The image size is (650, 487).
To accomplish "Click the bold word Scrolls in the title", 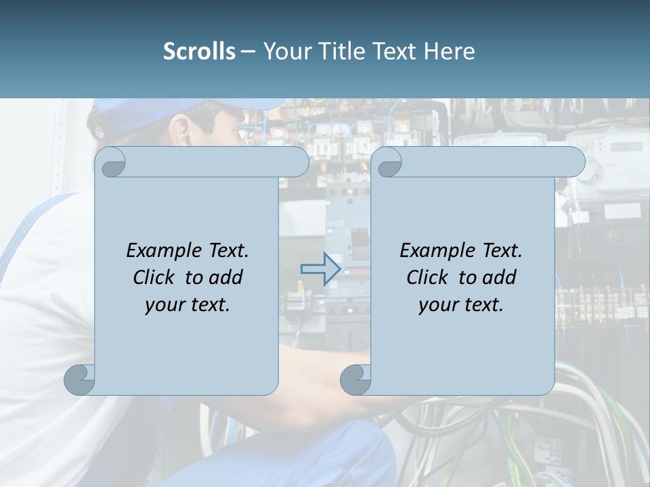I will tap(199, 51).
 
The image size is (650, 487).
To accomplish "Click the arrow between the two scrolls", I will tap(320, 269).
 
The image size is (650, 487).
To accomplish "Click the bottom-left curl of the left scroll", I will tap(79, 379).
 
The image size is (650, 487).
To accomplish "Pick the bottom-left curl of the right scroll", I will tap(355, 379).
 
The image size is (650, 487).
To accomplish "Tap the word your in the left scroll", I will tap(162, 305).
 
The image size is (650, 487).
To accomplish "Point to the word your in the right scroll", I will tap(436, 305).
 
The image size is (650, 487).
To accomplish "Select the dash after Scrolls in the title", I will tap(248, 51).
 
